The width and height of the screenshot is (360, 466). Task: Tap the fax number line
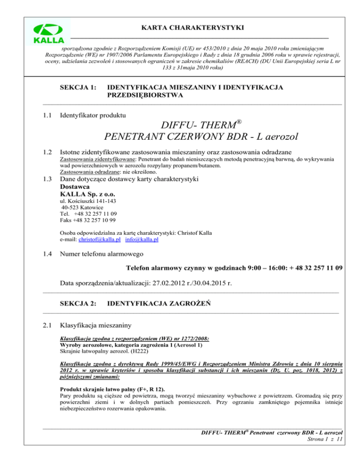pos(89,220)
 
